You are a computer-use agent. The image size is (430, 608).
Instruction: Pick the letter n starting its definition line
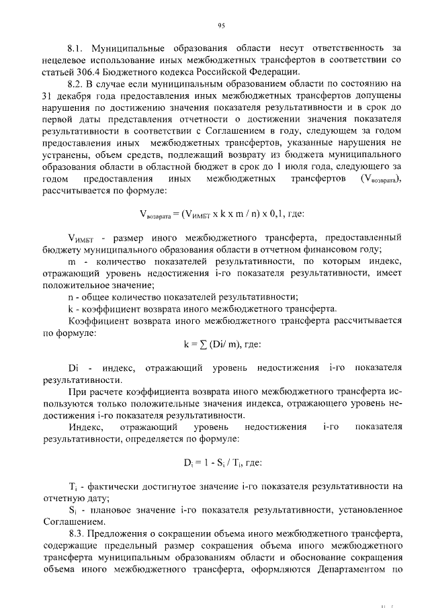(71, 297)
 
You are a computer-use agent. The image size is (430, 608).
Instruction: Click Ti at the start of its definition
(73, 487)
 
